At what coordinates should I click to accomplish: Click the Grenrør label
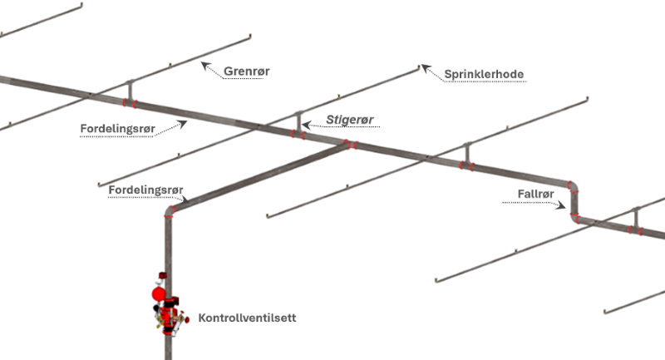tap(246, 72)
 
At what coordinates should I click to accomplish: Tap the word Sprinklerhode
tap(484, 74)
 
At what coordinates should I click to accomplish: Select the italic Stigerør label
tap(350, 121)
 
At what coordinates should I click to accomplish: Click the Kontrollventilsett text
tap(247, 318)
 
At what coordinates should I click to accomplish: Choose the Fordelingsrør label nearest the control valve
tap(145, 190)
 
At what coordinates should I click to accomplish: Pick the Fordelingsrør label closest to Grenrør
tap(117, 129)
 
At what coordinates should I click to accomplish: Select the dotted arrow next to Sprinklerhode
tap(431, 70)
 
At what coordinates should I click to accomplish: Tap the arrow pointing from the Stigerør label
tap(312, 124)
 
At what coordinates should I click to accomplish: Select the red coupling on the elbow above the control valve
tap(170, 214)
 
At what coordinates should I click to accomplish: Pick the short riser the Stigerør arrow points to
tap(298, 123)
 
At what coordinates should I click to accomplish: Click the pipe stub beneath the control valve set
tap(168, 347)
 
